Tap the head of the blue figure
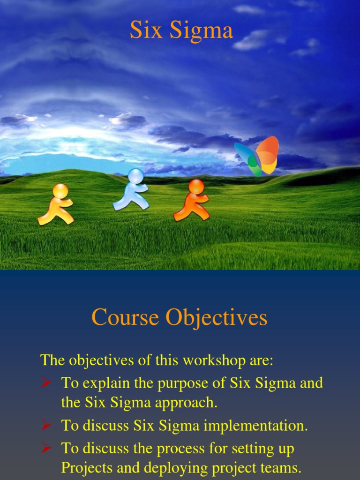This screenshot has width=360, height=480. tap(136, 176)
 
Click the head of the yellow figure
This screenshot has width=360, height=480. tap(60, 191)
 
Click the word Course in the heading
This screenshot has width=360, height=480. tap(125, 317)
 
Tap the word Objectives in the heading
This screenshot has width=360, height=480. tap(216, 318)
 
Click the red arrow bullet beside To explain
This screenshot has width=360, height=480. tap(46, 383)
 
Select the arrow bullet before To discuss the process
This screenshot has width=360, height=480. tap(46, 449)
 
